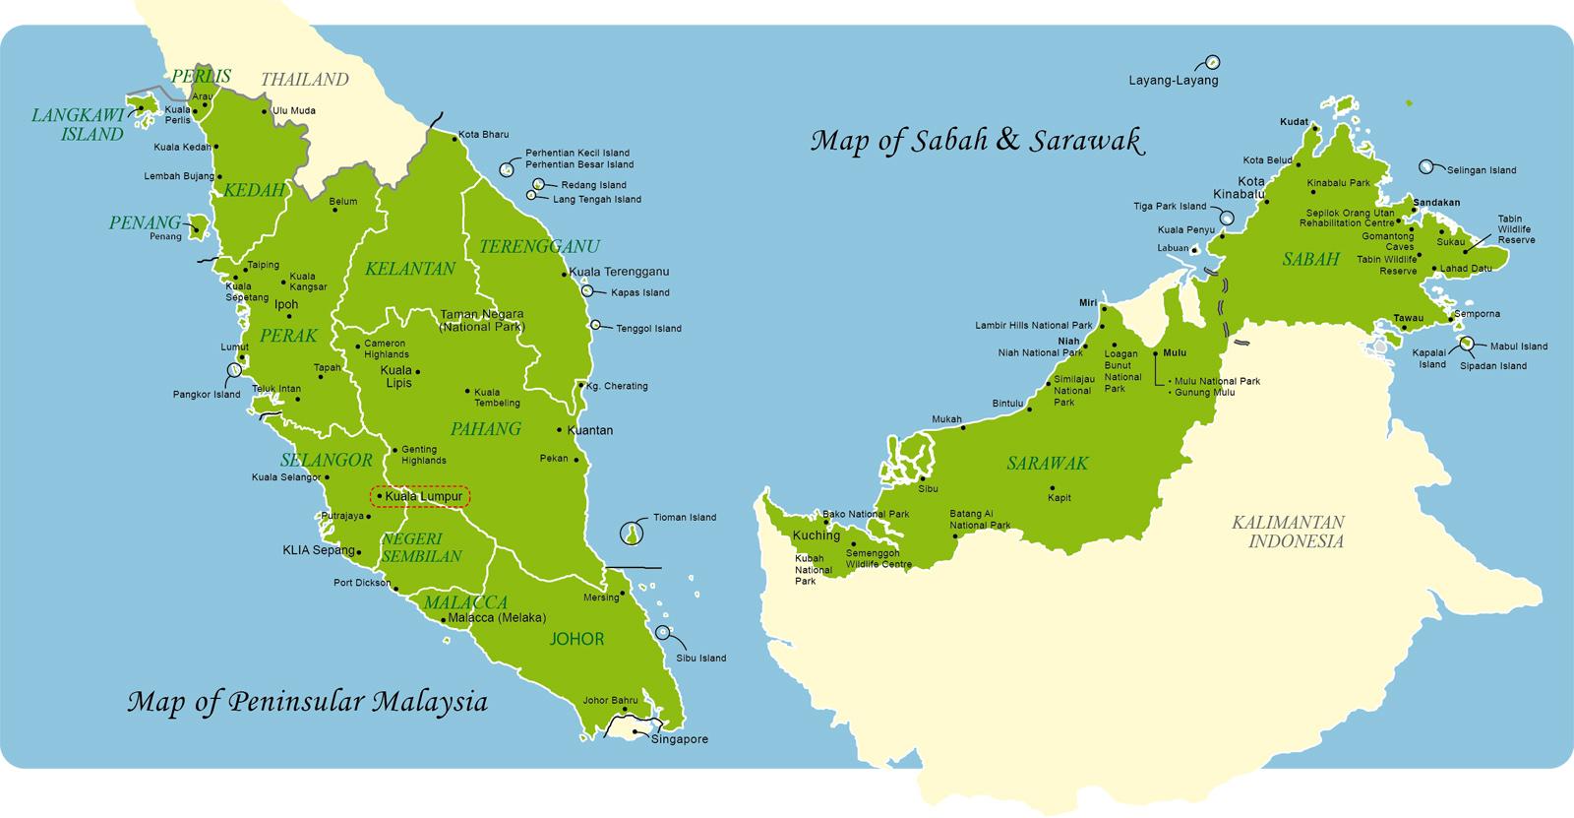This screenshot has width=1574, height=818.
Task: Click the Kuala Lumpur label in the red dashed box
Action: click(423, 497)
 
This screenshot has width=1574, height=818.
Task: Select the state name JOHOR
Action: click(576, 639)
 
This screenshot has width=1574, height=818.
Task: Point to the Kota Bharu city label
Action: click(483, 134)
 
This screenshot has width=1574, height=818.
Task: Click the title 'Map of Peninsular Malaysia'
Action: click(307, 703)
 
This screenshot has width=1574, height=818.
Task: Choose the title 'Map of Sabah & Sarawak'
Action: click(978, 141)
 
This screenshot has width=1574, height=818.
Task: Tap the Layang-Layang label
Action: click(1174, 81)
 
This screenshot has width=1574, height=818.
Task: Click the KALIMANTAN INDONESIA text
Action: click(1288, 532)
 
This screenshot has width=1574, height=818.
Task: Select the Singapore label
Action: click(679, 739)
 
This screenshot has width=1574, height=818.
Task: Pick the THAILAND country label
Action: click(305, 80)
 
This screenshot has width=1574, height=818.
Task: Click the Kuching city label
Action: click(817, 535)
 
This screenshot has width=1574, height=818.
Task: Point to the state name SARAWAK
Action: click(1047, 463)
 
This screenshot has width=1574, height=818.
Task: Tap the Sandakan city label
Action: click(1435, 202)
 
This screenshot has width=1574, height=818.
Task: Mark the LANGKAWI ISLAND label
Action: click(78, 125)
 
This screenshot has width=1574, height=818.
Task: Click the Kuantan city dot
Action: click(559, 430)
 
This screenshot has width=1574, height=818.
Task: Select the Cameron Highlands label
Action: click(386, 349)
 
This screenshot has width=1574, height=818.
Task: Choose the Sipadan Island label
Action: click(1491, 366)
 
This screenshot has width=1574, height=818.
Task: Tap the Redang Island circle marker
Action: click(539, 184)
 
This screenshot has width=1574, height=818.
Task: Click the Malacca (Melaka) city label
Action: click(496, 618)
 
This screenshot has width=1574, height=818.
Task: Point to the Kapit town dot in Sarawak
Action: click(1052, 487)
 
